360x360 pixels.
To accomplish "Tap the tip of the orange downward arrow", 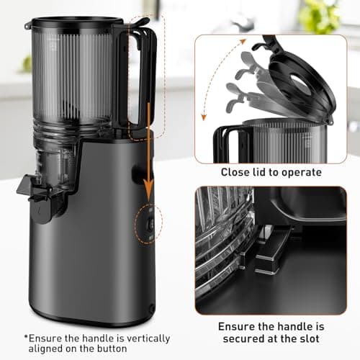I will click(147, 199).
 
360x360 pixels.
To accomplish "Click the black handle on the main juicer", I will click(144, 79).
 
